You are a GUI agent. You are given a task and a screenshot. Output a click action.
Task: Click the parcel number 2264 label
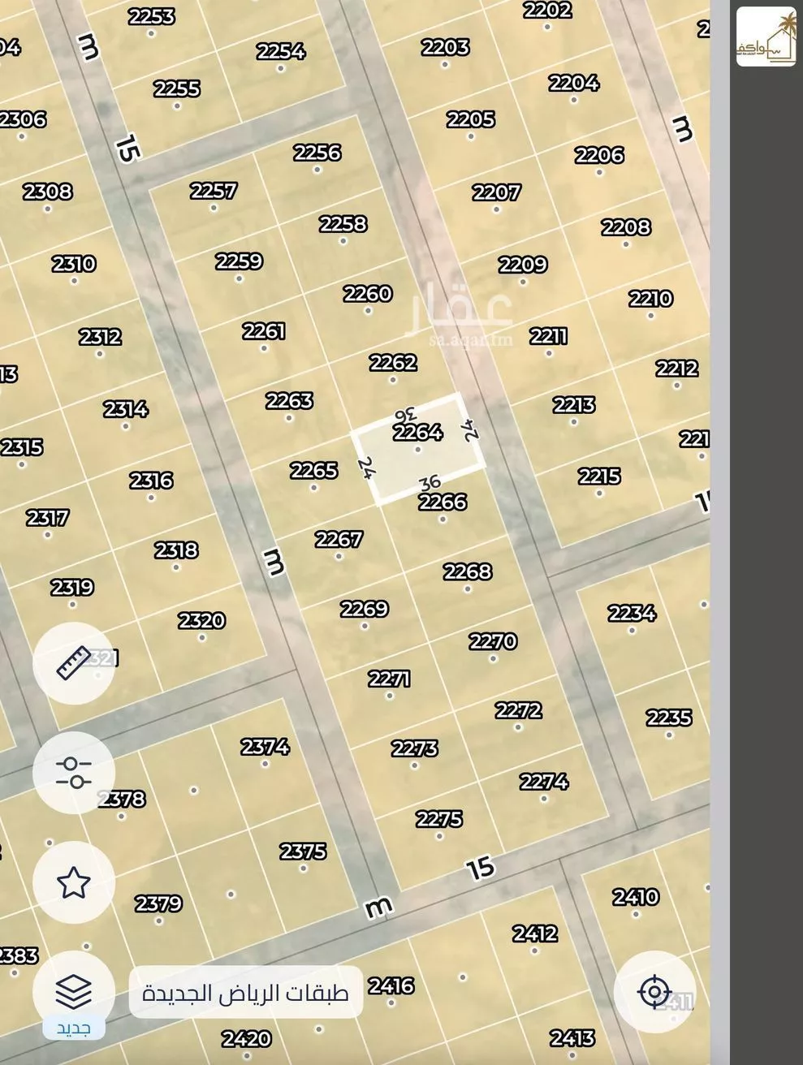pyautogui.click(x=417, y=432)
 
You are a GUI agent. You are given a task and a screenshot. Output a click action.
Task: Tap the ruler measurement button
pyautogui.click(x=73, y=663)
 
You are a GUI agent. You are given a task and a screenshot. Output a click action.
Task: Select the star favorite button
pyautogui.click(x=73, y=882)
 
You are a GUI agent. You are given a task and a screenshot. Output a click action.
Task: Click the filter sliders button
pyautogui.click(x=73, y=773)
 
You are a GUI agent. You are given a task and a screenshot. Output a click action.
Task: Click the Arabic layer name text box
pyautogui.click(x=245, y=992)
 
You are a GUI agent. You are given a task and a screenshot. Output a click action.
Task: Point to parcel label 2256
pyautogui.click(x=317, y=153)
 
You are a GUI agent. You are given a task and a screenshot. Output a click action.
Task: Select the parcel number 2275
pyautogui.click(x=439, y=819)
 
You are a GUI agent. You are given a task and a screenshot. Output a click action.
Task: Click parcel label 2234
pyautogui.click(x=632, y=613)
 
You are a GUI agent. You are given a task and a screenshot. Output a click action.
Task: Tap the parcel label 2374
pyautogui.click(x=265, y=746)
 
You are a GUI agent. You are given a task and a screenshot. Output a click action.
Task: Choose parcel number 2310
pyautogui.click(x=74, y=264)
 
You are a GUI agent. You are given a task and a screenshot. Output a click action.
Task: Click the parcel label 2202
pyautogui.click(x=546, y=11)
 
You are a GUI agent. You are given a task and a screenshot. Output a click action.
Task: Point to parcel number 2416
pyautogui.click(x=391, y=985)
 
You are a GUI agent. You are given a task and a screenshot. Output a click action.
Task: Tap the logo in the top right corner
pyautogui.click(x=766, y=37)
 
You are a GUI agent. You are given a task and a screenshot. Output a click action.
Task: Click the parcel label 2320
pyautogui.click(x=201, y=621)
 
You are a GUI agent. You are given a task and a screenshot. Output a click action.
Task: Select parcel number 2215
pyautogui.click(x=599, y=476)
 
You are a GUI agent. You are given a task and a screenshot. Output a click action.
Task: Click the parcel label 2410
pyautogui.click(x=636, y=897)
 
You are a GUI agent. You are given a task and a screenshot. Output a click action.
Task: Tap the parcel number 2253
pyautogui.click(x=151, y=16)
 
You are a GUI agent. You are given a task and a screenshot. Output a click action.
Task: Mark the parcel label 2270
pyautogui.click(x=493, y=641)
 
